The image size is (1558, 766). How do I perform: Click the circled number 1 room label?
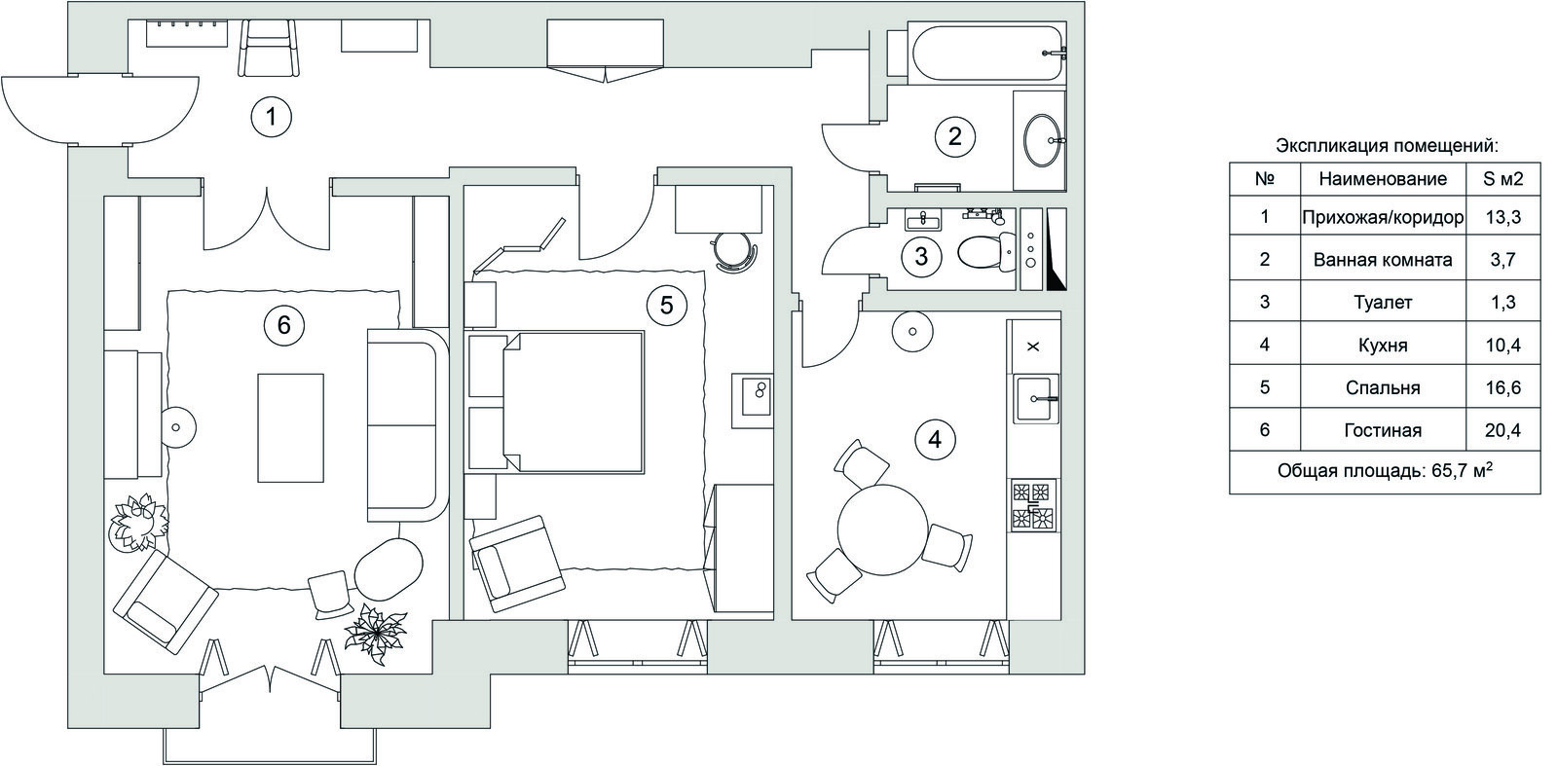272,117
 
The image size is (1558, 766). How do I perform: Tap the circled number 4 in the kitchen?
936,439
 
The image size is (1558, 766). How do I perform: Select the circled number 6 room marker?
283,325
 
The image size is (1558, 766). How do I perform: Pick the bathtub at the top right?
986,53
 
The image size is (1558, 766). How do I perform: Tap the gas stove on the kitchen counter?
1033,505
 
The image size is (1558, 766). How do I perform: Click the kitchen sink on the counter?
1036,398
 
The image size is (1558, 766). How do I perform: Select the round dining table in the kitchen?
882,530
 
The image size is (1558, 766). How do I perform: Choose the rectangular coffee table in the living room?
291,428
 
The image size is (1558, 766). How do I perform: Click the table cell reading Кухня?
1383,345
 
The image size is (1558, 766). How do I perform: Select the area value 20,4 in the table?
1502,430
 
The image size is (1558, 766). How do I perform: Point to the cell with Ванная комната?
1383,259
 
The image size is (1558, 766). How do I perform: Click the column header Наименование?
1383,179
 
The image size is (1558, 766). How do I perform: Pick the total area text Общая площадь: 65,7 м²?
1385,471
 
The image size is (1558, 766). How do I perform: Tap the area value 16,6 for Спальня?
1502,387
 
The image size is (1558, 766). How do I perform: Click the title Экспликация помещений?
1387,147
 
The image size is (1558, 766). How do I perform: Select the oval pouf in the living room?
389,569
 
